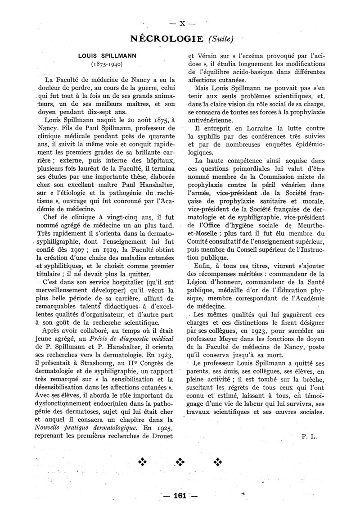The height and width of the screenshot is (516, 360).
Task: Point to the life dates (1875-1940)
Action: point(102,64)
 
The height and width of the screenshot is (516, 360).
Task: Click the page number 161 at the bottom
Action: point(180,496)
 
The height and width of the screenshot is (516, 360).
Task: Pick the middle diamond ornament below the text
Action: point(181,462)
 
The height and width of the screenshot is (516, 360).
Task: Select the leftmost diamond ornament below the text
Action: point(143,462)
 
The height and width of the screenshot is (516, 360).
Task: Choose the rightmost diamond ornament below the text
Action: point(219,462)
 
